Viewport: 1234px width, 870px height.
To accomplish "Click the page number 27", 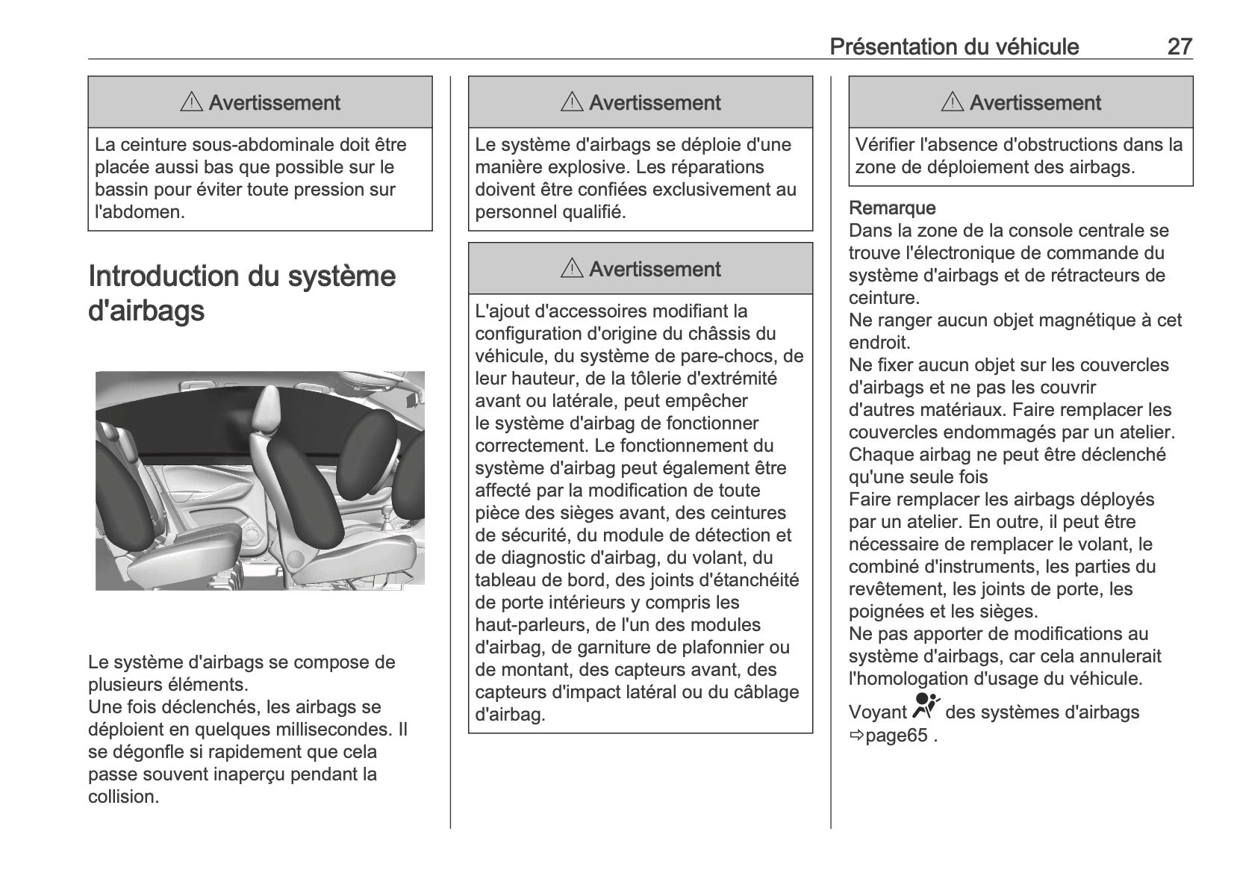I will pos(1180,46).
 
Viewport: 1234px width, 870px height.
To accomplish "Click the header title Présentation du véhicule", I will pos(954,46).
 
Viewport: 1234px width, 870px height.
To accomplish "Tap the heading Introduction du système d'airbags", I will pos(242,293).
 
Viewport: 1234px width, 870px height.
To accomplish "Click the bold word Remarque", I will pos(892,208).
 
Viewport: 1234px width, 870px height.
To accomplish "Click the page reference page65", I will pos(896,736).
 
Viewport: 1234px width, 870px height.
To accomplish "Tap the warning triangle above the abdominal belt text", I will pos(192,102).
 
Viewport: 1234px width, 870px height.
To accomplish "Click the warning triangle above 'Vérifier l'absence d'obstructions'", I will pos(953,102).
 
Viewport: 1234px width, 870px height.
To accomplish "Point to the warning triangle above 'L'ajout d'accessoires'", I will pos(572,269).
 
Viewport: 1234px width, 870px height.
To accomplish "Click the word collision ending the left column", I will pos(122,797).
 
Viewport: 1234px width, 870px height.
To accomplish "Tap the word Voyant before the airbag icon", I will pos(877,712).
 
